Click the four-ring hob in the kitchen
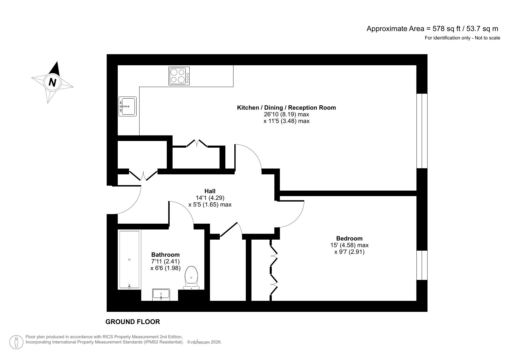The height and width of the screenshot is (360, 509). click(179, 76)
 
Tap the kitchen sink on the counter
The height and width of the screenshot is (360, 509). click(127, 106)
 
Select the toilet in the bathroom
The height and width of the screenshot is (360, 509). click(191, 278)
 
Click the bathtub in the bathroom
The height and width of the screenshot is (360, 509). click(129, 260)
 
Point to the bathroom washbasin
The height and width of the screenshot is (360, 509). click(161, 294)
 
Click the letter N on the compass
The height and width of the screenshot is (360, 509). click(52, 82)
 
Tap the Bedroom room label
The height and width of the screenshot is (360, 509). click(349, 238)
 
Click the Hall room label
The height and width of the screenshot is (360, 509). click(210, 191)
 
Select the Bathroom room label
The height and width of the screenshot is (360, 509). click(165, 255)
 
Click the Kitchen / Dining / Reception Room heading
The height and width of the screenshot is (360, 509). click(286, 108)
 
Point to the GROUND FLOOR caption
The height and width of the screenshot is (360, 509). click(133, 322)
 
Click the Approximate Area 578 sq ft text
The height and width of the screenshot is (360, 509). click(432, 29)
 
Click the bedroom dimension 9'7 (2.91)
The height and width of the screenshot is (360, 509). click(349, 252)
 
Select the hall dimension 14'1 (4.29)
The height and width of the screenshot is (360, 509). click(210, 198)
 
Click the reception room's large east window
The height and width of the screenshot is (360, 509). click(422, 131)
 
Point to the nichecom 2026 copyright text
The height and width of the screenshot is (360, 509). click(204, 342)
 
